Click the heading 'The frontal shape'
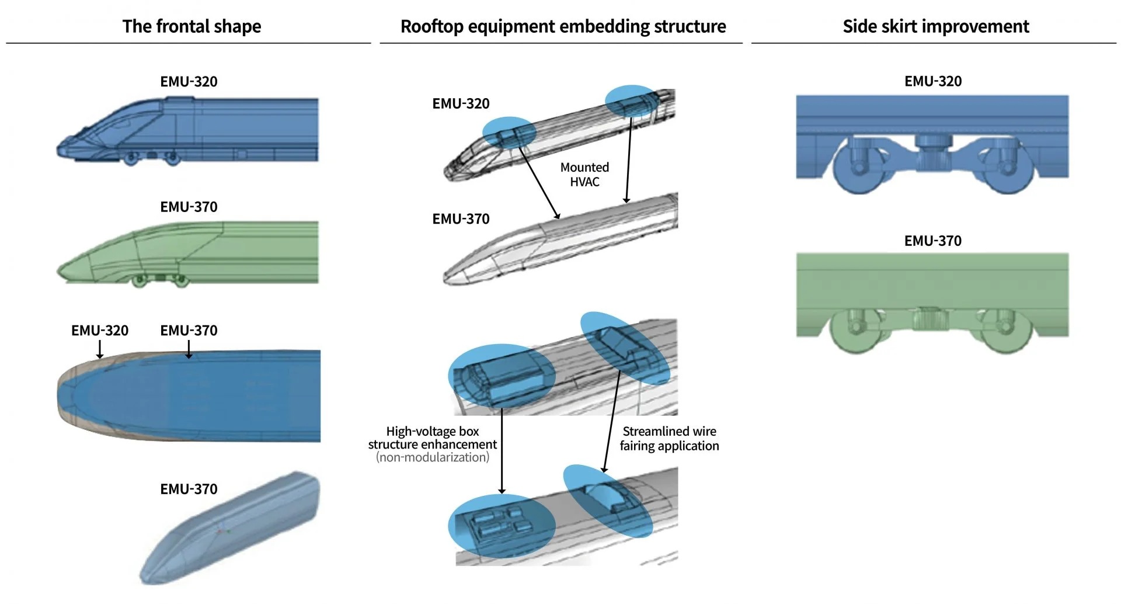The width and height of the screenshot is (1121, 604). point(192,26)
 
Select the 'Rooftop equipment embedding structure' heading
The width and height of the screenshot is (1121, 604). point(563,26)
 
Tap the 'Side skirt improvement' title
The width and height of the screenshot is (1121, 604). point(935,26)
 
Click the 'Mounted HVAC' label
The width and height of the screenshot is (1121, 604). point(584,175)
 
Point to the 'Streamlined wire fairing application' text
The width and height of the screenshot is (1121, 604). point(669,439)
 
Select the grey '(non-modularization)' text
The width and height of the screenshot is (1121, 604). point(433,457)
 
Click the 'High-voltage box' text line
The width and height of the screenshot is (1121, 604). point(432,432)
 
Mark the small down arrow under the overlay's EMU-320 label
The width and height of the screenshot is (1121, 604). point(100,350)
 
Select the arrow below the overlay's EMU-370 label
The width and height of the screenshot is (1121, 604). point(189,350)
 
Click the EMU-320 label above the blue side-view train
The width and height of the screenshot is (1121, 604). point(189,82)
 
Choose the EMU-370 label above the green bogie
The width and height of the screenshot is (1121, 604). point(932,241)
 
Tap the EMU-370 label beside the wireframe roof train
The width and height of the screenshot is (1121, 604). point(461,219)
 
